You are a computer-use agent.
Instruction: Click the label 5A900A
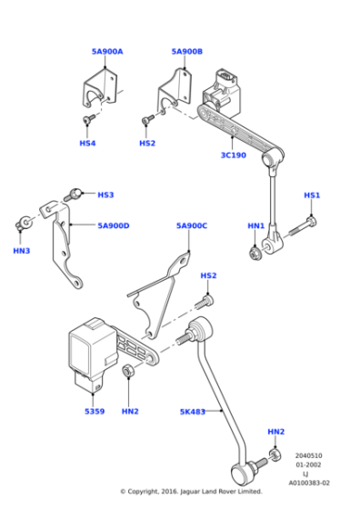tap(107, 52)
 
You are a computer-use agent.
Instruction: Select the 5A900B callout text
tap(187, 52)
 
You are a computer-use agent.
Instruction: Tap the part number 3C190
tap(234, 155)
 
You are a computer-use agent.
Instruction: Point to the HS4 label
tap(87, 144)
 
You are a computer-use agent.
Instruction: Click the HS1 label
tap(312, 195)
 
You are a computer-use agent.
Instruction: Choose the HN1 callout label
tap(256, 225)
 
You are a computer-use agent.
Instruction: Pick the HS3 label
tap(105, 195)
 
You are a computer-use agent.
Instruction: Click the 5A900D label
tap(114, 225)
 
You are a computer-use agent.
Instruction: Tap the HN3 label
tap(22, 251)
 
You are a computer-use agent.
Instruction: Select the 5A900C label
tap(192, 225)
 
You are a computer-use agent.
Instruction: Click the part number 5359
tap(95, 411)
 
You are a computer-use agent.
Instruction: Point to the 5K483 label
tap(193, 412)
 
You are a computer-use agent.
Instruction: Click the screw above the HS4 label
tap(88, 119)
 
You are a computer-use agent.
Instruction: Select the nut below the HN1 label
tap(255, 254)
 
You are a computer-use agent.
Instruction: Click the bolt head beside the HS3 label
tap(75, 193)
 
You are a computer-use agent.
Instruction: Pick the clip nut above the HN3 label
tap(24, 223)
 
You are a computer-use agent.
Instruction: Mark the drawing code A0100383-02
tap(309, 483)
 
